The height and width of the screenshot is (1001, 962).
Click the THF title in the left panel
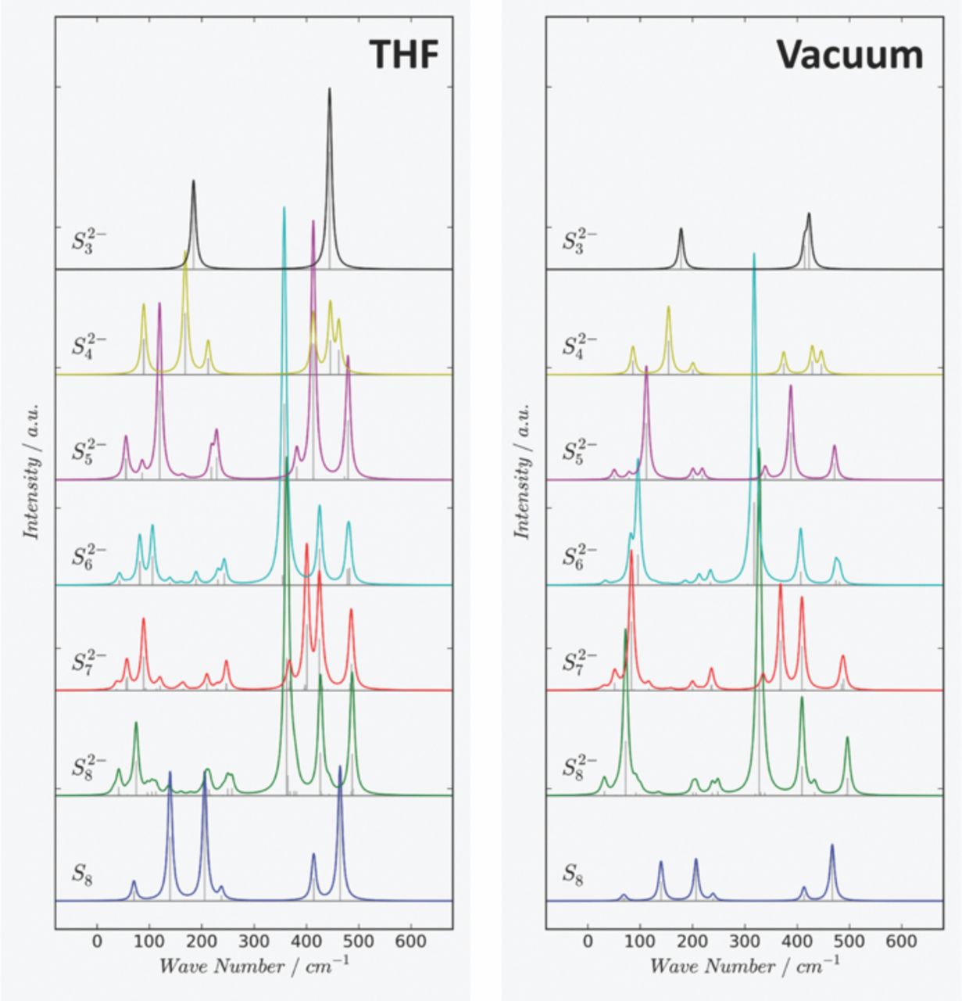[x=403, y=55]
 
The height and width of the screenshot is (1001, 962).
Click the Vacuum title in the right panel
[x=849, y=55]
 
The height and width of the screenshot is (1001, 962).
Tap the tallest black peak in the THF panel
[x=330, y=91]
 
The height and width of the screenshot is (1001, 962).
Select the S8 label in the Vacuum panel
[x=574, y=873]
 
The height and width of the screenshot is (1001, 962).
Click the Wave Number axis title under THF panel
[x=253, y=967]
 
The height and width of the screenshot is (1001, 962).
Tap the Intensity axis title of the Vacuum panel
[x=522, y=472]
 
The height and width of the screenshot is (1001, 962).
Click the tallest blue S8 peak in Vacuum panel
[x=831, y=847]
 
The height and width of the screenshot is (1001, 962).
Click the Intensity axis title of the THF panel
[x=32, y=472]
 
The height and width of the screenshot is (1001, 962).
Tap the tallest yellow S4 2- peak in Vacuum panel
[x=669, y=308]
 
